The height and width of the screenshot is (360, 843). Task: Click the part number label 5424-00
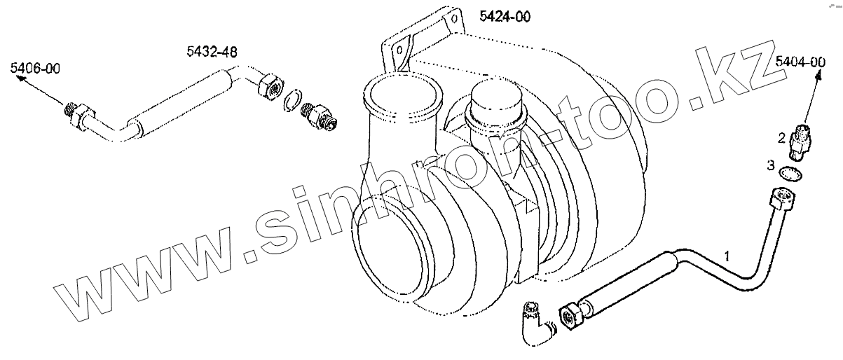pos(505,17)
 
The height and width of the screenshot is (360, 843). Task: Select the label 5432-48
pos(212,52)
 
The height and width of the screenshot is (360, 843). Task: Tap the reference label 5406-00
pos(35,69)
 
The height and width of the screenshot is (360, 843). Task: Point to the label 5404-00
pos(800,62)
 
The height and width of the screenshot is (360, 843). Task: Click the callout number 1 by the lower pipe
pos(727,256)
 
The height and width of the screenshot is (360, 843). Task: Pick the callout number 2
pos(781,139)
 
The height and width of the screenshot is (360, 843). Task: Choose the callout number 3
pos(771,165)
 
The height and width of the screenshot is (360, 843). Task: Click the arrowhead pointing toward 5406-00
pos(21,79)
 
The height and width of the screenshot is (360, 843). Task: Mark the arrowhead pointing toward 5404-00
pos(818,76)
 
